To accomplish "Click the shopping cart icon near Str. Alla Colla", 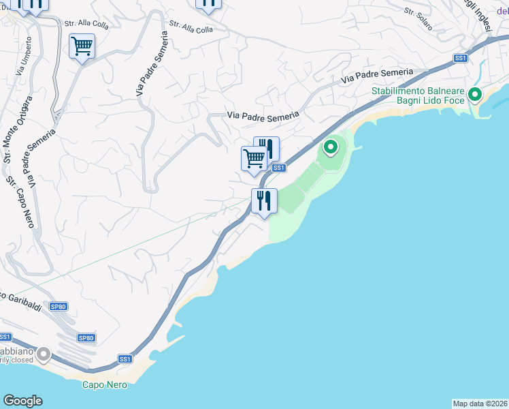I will coord(82,46).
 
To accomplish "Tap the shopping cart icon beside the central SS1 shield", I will coord(254,159).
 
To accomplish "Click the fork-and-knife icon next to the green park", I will coord(263,200).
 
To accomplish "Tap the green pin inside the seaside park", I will coord(330,147).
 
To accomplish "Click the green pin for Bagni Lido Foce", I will coord(475,94).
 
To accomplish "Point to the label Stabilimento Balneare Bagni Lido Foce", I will coord(418,95).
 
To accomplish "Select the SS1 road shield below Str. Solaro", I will coord(461,58).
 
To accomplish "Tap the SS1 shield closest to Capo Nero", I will coord(125,359).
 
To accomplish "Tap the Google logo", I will coord(22,401).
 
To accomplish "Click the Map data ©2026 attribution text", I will coord(480,403).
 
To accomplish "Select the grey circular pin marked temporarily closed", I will coord(44,354).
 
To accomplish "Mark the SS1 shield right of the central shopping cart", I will coord(278,168).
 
